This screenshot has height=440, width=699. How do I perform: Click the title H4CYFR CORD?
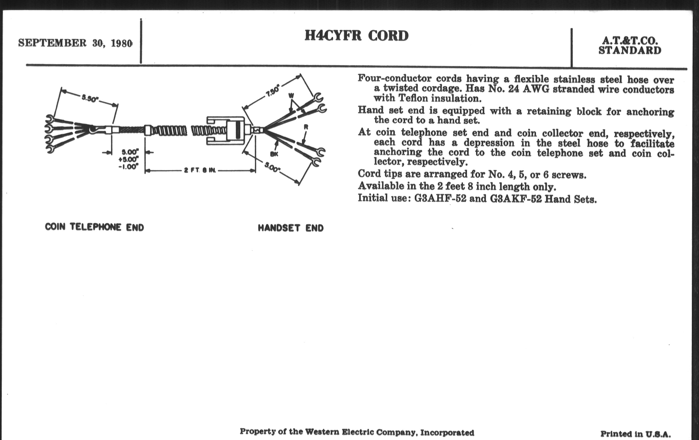click(356, 36)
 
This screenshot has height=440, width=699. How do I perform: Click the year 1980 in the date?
click(122, 43)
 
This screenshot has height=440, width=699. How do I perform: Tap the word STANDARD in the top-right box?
click(630, 51)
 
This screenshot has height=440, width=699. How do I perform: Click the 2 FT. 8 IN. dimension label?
click(200, 170)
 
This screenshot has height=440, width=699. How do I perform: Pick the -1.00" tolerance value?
click(128, 167)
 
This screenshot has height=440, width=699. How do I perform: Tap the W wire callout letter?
click(291, 95)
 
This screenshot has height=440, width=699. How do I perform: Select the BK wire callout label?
click(274, 154)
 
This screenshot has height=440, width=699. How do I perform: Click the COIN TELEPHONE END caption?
click(94, 227)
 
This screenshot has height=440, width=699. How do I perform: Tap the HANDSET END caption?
click(291, 228)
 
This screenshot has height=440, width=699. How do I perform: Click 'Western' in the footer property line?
click(322, 432)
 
